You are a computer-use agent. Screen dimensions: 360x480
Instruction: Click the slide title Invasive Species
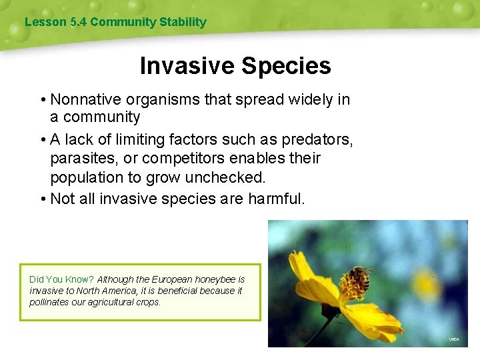coord(235,66)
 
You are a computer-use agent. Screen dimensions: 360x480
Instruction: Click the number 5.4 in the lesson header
coord(78,22)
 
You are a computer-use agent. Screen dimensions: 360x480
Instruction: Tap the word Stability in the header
coord(183,22)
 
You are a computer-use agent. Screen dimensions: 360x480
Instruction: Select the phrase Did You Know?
coord(61,279)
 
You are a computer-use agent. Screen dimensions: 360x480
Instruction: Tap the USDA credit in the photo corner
coord(453,339)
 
